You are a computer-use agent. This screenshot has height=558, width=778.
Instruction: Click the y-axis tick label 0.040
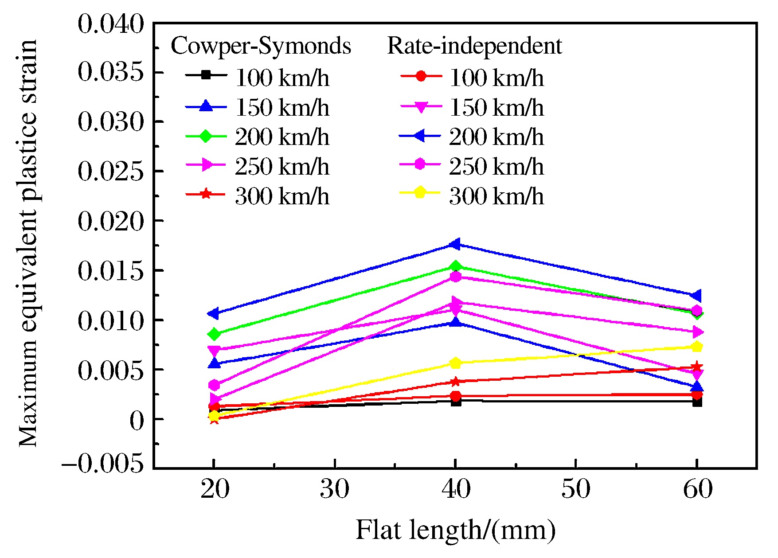click(111, 24)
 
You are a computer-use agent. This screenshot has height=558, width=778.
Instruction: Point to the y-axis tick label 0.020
click(111, 221)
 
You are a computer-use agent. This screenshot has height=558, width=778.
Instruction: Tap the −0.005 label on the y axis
click(103, 464)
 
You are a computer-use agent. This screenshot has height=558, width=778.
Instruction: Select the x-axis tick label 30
click(335, 490)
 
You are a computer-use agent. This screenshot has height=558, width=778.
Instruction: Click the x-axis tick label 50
click(576, 490)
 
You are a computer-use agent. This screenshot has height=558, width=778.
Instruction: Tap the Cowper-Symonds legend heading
click(261, 46)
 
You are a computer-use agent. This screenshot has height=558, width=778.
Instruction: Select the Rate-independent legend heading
click(474, 46)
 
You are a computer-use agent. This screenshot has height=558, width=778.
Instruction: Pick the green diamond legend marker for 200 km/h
click(206, 136)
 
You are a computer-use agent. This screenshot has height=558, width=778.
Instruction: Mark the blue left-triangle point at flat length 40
click(455, 244)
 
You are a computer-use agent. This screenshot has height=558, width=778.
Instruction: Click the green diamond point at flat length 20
click(215, 334)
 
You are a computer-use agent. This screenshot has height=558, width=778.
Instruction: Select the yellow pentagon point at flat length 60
click(697, 347)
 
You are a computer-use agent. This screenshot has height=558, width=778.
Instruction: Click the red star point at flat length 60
click(697, 367)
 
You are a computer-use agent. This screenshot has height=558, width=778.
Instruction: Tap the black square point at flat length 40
click(456, 402)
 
